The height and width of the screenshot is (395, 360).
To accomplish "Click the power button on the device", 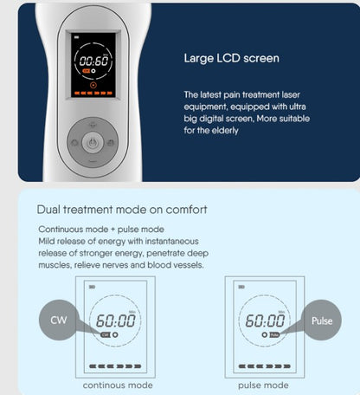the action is point(92,142).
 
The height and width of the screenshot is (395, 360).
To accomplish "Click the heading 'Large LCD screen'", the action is point(232,58).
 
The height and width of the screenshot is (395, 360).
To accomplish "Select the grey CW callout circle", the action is point(59,320).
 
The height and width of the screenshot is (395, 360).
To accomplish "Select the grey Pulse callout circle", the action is point(322,321).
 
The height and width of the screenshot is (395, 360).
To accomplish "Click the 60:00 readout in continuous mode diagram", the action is point(115,321).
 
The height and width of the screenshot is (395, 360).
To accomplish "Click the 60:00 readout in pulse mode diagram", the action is point(265,321).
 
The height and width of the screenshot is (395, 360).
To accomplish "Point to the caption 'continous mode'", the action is point(118,385).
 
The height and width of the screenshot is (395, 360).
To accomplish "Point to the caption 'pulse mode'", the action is point(263,385).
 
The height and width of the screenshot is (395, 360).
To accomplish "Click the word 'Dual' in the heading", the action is point(48,210).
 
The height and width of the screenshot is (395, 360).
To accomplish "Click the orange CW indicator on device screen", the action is point(86,71).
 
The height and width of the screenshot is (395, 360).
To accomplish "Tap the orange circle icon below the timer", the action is point(93,85).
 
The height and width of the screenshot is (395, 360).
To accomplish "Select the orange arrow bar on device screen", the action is point(93,94).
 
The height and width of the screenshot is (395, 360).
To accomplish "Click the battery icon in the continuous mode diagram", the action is point(93,287).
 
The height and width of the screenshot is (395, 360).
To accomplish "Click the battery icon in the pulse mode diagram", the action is point(241,287).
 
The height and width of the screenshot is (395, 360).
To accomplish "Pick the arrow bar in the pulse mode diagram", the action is point(265,366).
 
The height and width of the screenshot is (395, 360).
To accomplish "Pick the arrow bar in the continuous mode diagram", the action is point(115,366).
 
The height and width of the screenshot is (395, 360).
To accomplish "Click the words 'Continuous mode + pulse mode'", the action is point(101,230).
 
